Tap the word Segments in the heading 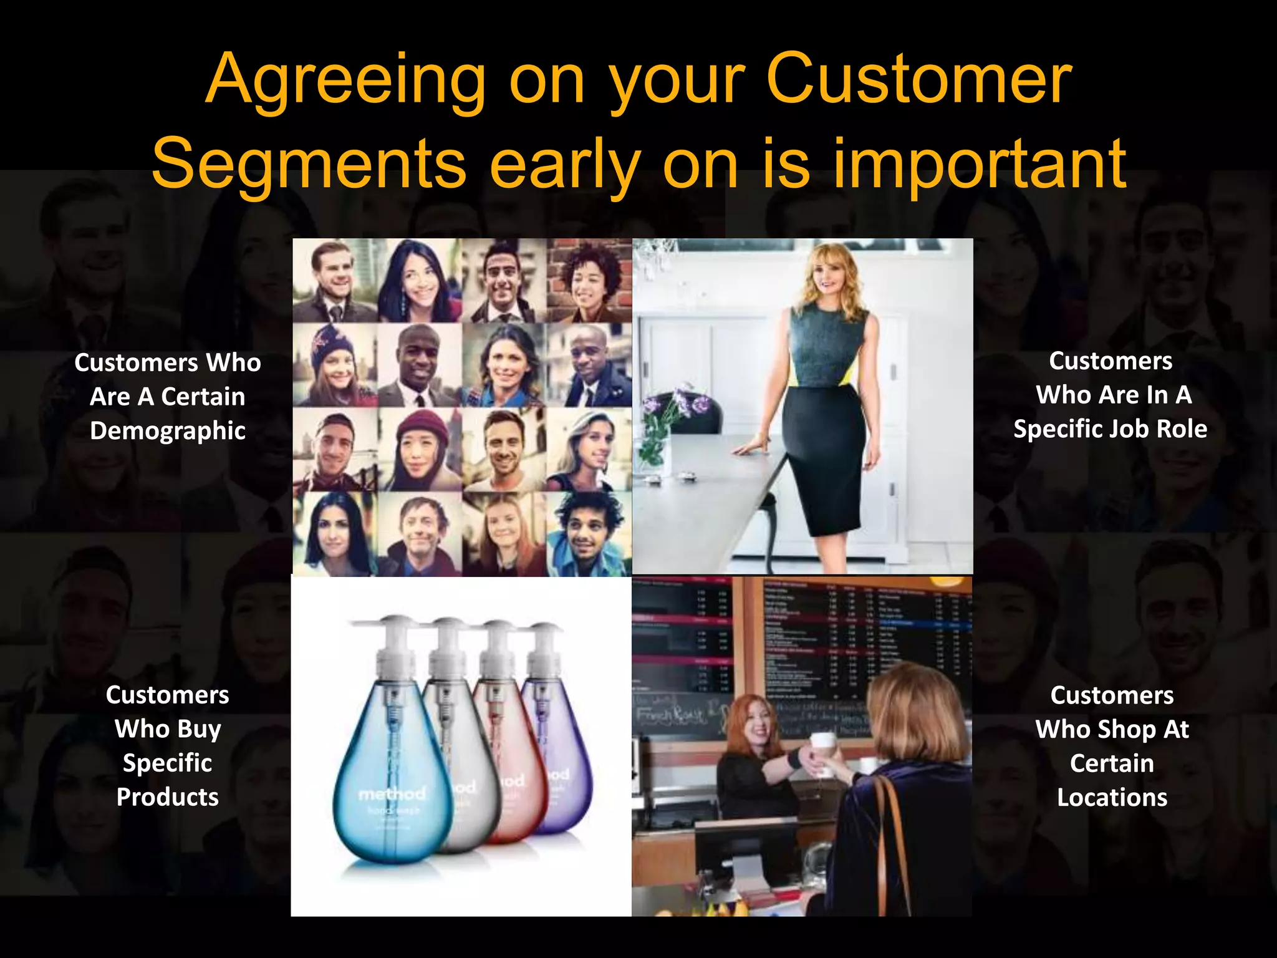[x=309, y=164]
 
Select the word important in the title [x=980, y=164]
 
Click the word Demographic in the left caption [x=168, y=431]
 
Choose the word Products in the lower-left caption [x=168, y=797]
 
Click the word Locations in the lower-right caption [x=1112, y=798]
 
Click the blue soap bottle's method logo [x=392, y=794]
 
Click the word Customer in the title [x=919, y=81]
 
